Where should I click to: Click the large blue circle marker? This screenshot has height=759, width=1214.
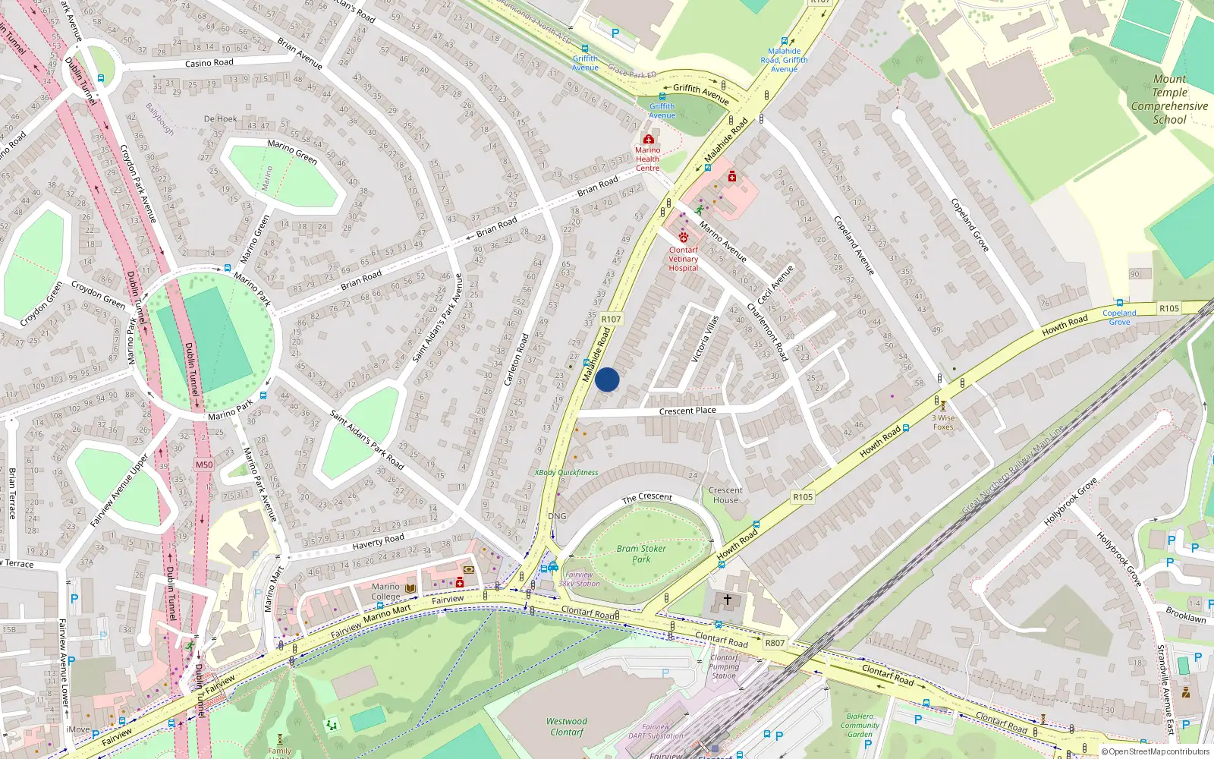tap(607, 379)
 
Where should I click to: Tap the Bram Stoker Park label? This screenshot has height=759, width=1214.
tap(641, 554)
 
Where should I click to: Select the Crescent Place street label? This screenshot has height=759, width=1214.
tap(687, 411)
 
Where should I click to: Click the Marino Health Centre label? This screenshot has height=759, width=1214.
tap(647, 159)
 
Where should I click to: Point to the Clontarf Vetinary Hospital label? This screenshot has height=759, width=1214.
tap(683, 259)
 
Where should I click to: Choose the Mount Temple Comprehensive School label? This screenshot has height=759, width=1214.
tap(1169, 99)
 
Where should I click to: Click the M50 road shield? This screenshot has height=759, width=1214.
tap(204, 465)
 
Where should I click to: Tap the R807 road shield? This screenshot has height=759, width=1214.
tap(775, 643)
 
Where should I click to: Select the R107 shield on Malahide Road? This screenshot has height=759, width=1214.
tap(611, 320)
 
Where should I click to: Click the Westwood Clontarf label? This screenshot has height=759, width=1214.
tap(567, 726)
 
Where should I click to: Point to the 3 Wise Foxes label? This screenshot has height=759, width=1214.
tap(943, 422)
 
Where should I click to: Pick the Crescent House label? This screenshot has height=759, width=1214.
tap(725, 495)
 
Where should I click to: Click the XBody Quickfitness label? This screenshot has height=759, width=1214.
tap(567, 472)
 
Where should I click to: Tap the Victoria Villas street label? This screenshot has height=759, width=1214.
tap(705, 339)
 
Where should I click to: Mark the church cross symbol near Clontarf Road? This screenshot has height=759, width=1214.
tap(727, 600)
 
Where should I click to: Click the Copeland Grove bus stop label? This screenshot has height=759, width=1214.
tap(1119, 317)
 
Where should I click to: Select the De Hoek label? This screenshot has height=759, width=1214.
tap(220, 119)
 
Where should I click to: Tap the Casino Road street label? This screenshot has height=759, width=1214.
tap(209, 63)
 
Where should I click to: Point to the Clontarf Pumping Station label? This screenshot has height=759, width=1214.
tap(724, 666)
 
